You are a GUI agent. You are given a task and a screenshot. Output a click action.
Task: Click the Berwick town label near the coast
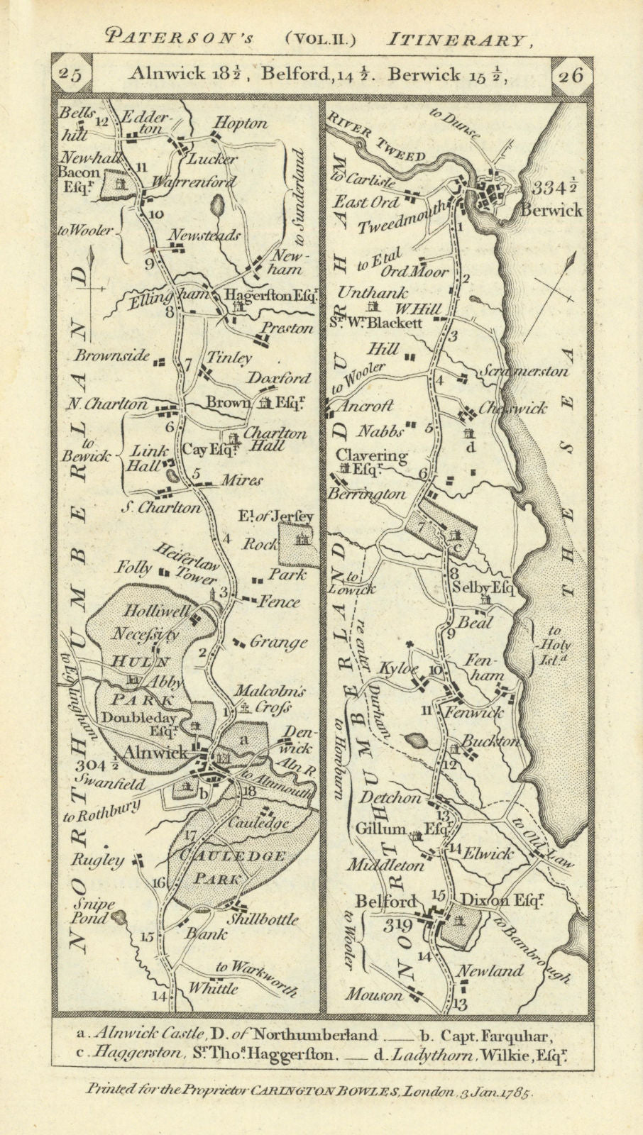[551, 210]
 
